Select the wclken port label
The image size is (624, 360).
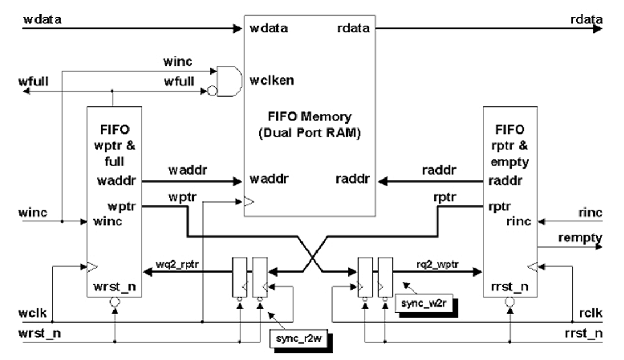coord(272,80)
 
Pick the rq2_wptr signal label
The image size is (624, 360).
coord(439,263)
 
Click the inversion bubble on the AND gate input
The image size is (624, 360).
coord(212,91)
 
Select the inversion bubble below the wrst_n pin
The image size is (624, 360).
coord(114,303)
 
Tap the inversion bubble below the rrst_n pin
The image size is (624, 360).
coord(510,303)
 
